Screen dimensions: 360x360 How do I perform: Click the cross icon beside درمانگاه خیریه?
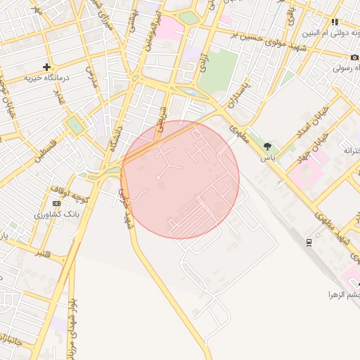click(46, 67)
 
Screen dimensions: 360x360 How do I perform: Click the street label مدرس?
click(90, 74)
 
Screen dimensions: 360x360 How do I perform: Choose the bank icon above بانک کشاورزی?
click(57, 203)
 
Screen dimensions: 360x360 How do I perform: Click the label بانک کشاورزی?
click(53, 213)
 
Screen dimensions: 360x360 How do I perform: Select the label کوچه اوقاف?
click(67, 191)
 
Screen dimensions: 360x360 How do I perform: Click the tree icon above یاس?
click(267, 146)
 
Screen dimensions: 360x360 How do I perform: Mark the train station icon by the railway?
click(309, 243)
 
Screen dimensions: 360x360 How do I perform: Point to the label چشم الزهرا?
click(342, 294)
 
